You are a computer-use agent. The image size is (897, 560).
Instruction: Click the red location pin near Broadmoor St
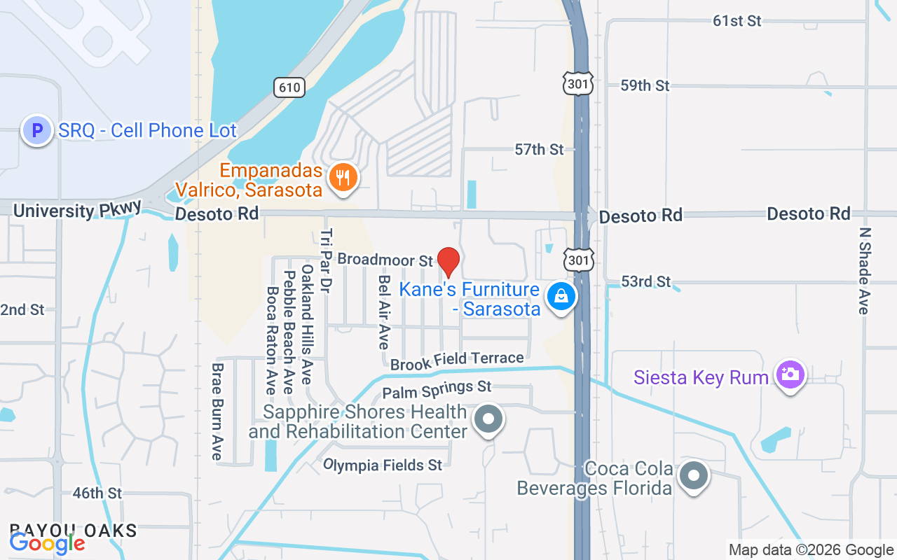point(448,261)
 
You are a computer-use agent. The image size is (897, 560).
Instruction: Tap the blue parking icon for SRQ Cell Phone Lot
point(37,130)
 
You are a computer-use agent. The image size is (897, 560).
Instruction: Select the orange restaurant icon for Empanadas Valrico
point(342,178)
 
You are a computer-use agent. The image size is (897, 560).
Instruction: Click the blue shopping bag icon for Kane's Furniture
point(561,297)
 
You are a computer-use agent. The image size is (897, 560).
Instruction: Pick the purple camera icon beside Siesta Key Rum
point(790,374)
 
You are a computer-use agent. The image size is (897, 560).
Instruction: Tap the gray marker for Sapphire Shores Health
point(488,420)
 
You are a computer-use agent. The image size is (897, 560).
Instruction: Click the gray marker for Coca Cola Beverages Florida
point(694,476)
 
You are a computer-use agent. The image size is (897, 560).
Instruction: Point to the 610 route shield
point(289,87)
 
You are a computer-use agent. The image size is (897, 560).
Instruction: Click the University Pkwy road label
point(77,210)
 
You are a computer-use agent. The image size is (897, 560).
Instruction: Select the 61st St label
point(737,21)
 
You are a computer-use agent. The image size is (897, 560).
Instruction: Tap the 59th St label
point(645,85)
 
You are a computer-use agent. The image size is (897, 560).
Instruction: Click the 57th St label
point(539,149)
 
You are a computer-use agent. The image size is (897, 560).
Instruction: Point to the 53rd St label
point(645,281)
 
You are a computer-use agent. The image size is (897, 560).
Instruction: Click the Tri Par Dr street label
point(326,260)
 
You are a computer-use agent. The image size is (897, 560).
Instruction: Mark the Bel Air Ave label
point(383,311)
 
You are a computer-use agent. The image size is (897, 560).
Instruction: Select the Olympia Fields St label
point(383,465)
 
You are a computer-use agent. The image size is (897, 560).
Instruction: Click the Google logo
point(47,542)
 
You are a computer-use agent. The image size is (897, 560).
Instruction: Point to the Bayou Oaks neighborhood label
point(73,530)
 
